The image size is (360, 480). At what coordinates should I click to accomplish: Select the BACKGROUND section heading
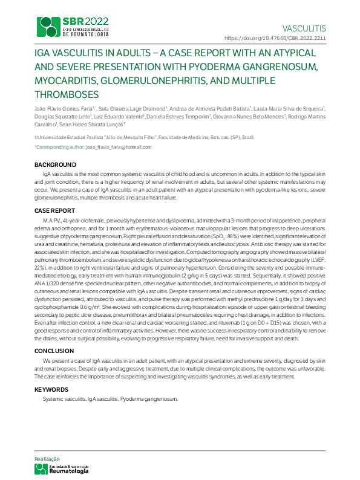[x=54, y=165]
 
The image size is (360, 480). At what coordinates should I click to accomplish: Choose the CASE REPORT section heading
[x=54, y=211]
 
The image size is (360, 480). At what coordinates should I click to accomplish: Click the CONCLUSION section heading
[x=54, y=351]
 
